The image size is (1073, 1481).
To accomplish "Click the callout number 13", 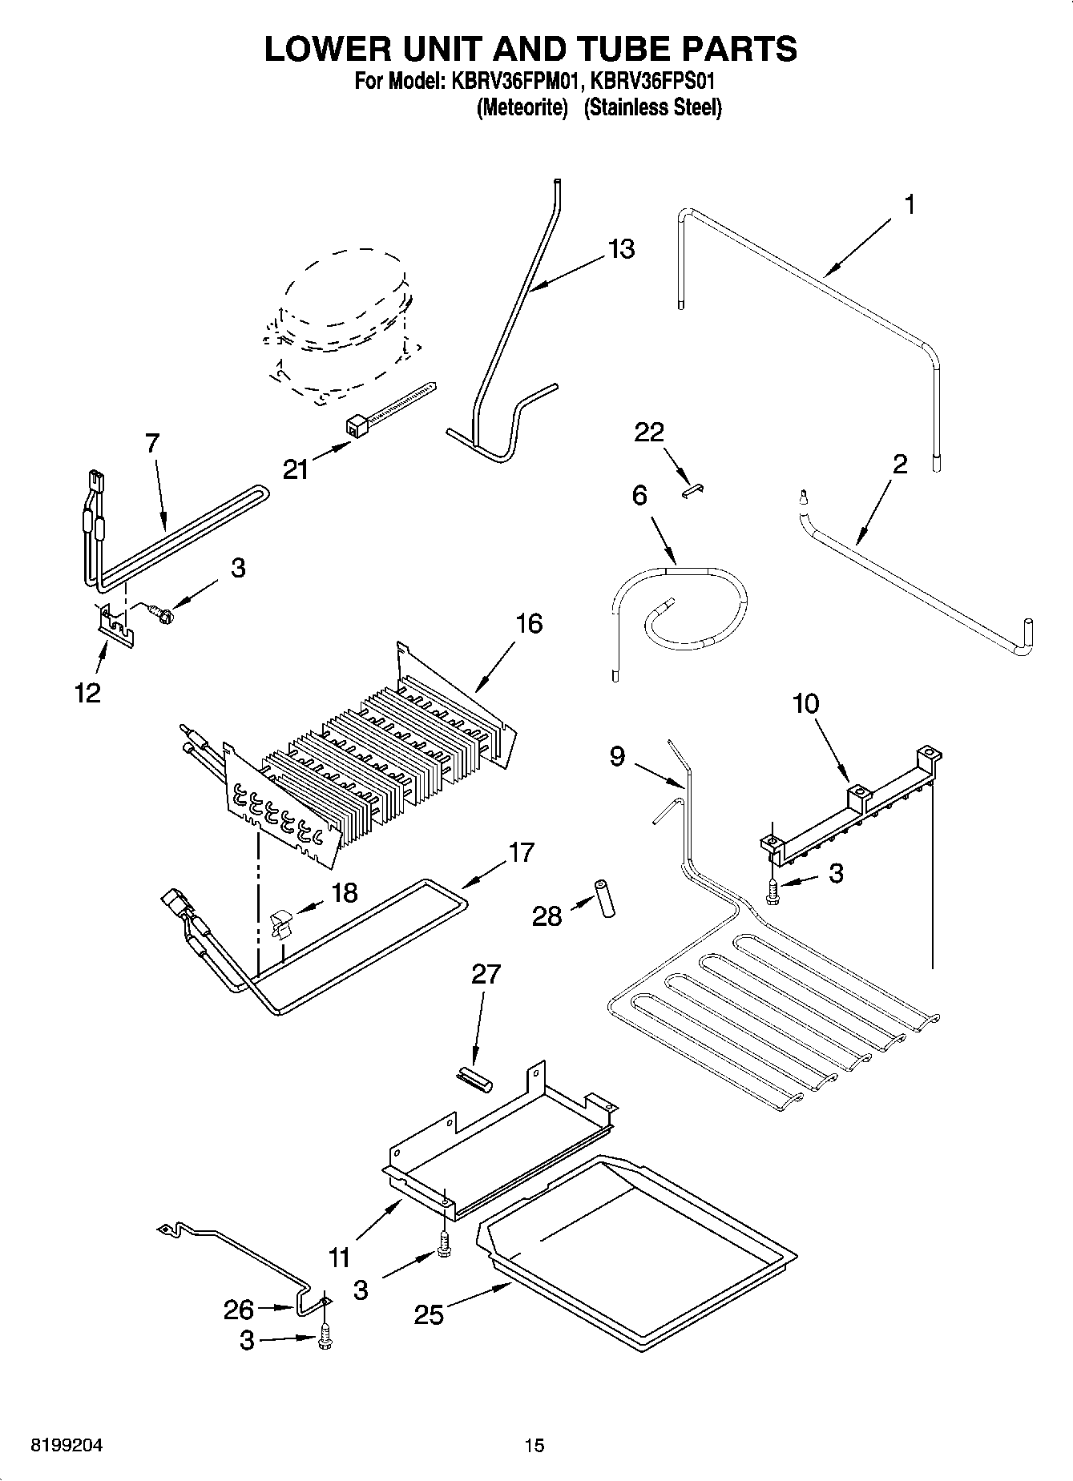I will pos(621,249).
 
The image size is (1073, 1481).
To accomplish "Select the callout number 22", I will pos(649,433).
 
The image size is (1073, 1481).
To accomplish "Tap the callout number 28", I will pos(547,916).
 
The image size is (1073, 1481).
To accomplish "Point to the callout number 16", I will pos(529,623).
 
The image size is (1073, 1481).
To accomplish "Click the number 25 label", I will pos(430,1314).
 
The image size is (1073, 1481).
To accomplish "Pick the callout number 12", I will pos(87,692).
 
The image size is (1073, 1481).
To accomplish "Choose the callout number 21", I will pos(296,469).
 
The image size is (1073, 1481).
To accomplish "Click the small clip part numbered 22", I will pos(692,490).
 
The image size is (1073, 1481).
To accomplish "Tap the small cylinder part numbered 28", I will pos(604,899).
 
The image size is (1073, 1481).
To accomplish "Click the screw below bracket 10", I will pos(772,892).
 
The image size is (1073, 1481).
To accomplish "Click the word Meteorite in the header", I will pos(522,107).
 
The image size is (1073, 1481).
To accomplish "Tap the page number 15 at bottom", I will pos(534,1446).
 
